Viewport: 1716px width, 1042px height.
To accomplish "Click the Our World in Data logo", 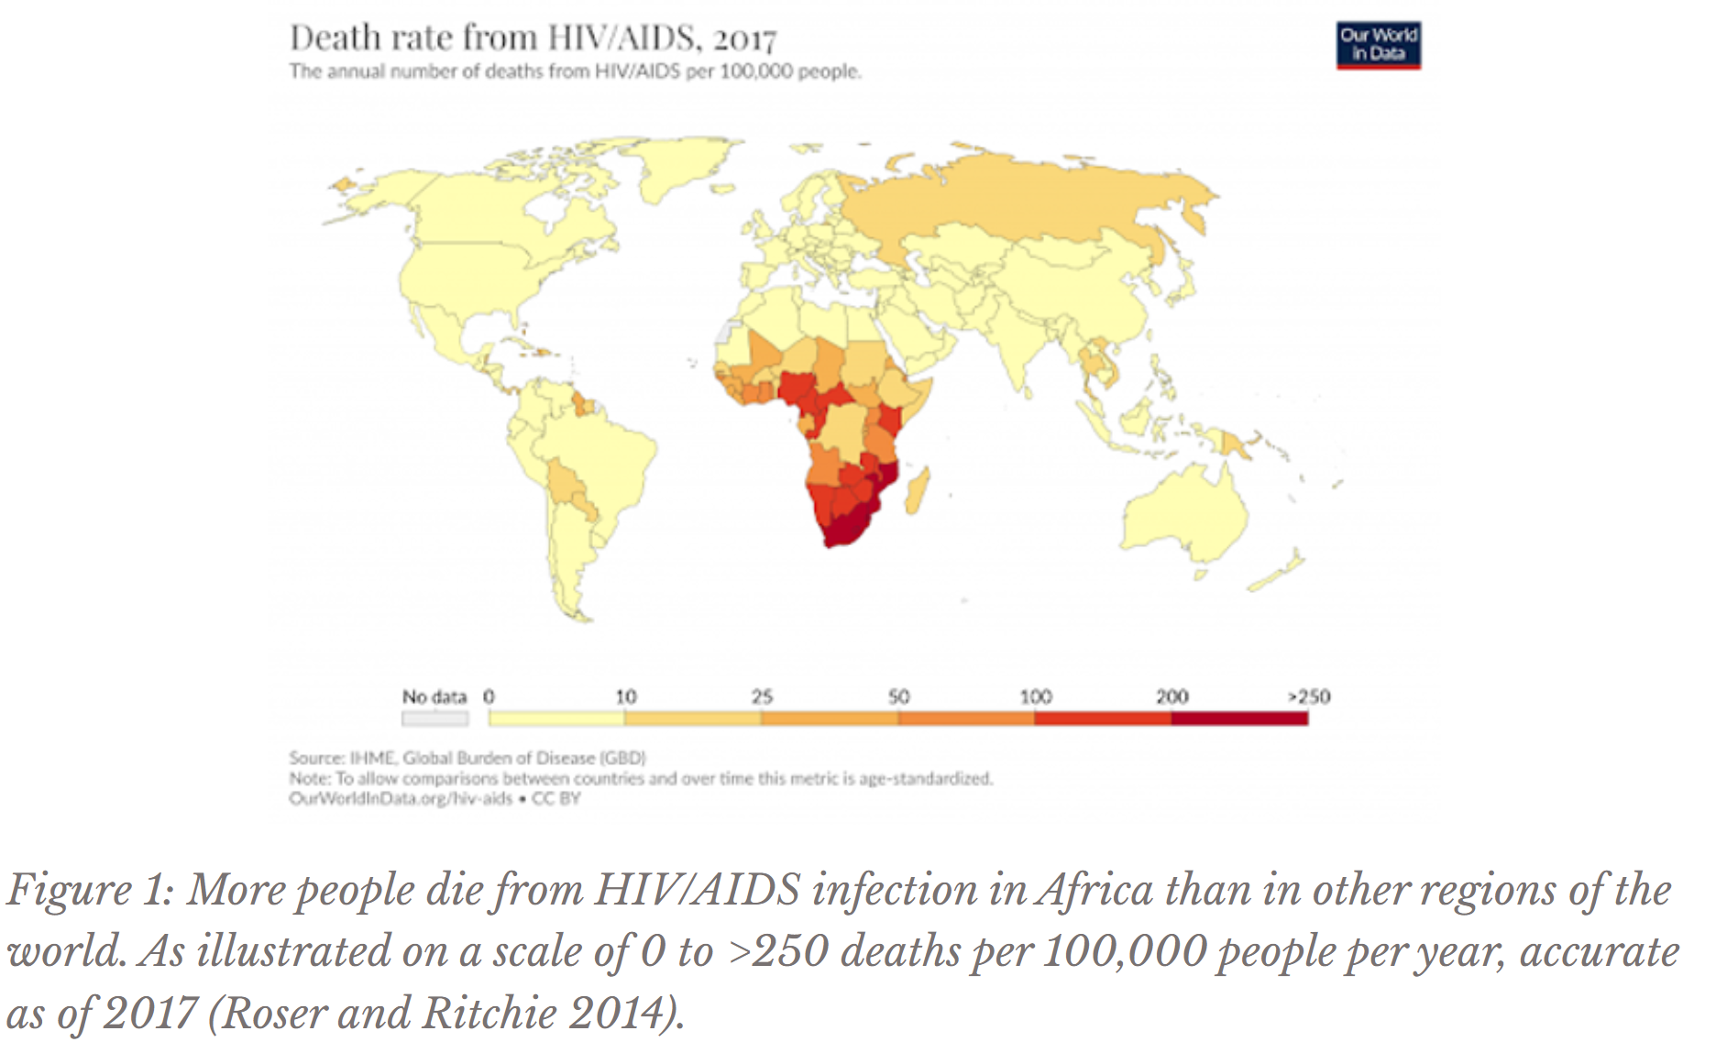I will [1378, 45].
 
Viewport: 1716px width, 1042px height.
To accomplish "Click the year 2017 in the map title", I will [744, 38].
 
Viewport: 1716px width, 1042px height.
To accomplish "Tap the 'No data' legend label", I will [434, 696].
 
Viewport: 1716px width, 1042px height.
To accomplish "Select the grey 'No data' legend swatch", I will [434, 718].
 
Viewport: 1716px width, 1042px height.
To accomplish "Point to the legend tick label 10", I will [625, 696].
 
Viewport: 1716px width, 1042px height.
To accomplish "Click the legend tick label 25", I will [762, 696].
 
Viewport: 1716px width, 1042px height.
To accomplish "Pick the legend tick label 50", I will [898, 696].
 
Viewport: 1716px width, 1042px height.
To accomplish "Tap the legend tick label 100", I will [1036, 696].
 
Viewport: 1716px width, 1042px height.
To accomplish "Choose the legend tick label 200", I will [1171, 696].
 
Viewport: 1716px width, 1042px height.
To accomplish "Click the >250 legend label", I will [1308, 696].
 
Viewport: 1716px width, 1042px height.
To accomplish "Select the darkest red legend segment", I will [1239, 718].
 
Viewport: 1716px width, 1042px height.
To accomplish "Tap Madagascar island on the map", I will [918, 490].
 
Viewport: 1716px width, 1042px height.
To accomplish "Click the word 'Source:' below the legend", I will [316, 758].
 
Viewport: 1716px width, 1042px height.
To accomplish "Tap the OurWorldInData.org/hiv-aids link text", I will [401, 798].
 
